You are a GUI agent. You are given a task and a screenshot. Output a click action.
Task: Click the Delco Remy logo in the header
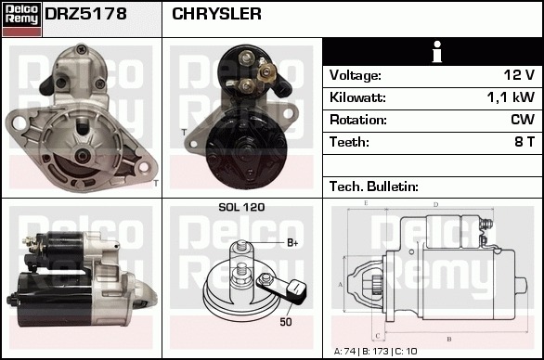[x=21, y=19]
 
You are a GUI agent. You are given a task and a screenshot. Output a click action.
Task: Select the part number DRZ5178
[x=85, y=14]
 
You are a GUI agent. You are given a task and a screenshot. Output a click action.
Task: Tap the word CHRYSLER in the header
[x=216, y=14]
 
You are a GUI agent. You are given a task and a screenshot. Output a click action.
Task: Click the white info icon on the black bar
[x=437, y=52]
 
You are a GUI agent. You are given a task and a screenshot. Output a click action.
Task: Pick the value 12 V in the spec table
[x=519, y=75]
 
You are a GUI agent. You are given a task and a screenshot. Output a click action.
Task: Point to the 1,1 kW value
[x=511, y=97]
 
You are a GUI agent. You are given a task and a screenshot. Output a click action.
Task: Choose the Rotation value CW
[x=523, y=120]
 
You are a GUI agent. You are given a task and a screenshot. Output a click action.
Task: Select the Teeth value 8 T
[x=525, y=142]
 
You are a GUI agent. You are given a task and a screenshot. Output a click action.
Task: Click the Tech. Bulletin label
[x=374, y=186]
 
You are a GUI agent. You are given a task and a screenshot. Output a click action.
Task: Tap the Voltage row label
[x=356, y=75]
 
